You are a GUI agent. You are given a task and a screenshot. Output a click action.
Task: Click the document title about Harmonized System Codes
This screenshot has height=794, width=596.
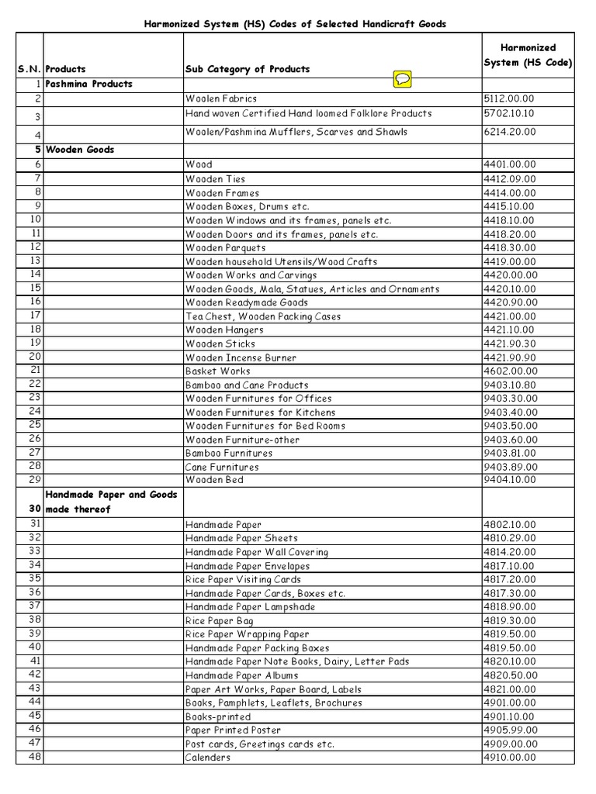coord(296,25)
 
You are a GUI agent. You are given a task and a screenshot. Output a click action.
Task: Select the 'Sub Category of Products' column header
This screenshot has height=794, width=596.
coord(247,69)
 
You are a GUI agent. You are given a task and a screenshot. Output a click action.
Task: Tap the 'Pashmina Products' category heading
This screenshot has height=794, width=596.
coord(89,84)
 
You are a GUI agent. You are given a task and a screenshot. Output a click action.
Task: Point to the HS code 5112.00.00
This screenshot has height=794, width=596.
coord(509,99)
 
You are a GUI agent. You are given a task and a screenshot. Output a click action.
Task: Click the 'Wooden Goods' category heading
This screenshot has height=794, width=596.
coord(80,150)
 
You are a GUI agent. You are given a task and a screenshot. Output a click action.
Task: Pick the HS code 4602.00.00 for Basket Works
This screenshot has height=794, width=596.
coord(509,371)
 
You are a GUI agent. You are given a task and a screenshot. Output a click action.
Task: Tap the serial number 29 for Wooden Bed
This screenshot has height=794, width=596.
coord(33,480)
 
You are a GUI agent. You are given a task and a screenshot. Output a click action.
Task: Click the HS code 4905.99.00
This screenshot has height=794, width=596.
coord(509,730)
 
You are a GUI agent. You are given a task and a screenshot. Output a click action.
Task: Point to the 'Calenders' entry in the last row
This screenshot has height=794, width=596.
coord(207,758)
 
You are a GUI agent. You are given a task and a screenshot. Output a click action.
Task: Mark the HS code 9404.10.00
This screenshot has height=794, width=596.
coord(509,481)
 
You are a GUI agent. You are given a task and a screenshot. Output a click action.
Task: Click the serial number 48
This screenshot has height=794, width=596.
coord(33,757)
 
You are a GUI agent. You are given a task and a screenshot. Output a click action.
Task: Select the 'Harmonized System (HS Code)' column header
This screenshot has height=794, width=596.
coord(527,55)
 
